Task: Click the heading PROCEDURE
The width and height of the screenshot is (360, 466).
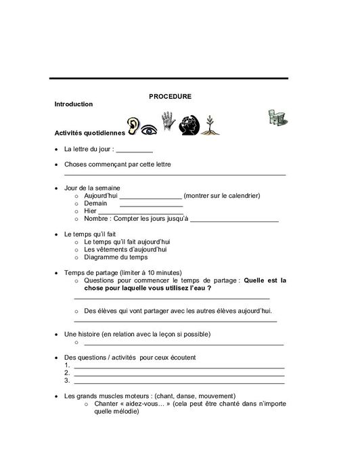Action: pyautogui.click(x=170, y=97)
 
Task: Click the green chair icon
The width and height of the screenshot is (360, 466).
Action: pyautogui.click(x=275, y=116)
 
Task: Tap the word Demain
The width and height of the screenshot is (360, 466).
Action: pyautogui.click(x=95, y=203)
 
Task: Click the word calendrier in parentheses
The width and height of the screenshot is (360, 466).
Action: pyautogui.click(x=240, y=196)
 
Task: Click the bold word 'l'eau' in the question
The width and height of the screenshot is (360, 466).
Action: pyautogui.click(x=197, y=287)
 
